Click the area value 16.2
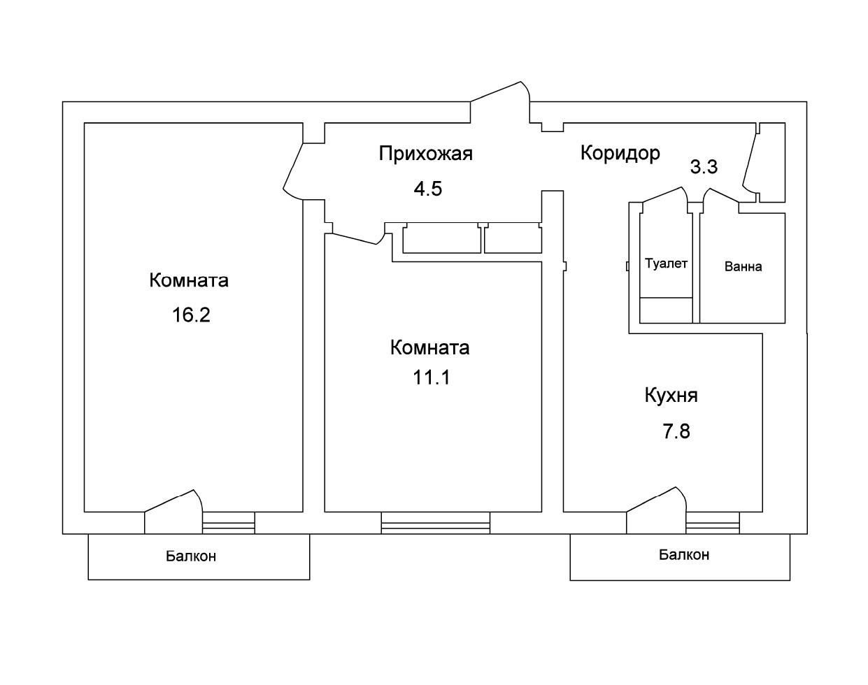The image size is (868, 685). point(191,315)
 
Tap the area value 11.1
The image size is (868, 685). point(432,378)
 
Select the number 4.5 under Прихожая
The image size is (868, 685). point(427,189)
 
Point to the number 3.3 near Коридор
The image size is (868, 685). point(704,167)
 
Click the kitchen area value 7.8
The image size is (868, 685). point(676,431)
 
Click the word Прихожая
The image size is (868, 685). point(425,154)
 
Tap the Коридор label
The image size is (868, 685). point(620,153)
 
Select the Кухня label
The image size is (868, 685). point(671,396)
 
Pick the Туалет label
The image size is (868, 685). point(666,264)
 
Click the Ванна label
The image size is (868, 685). point(743,266)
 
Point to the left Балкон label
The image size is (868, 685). point(191,556)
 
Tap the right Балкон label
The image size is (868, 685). point(683,555)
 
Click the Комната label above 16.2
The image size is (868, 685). point(189,280)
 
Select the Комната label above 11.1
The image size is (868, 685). point(429,347)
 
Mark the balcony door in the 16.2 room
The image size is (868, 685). point(173,503)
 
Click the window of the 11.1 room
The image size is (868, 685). point(435,522)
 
